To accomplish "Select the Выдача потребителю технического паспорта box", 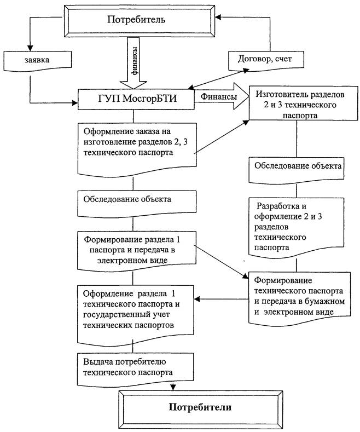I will (137, 367).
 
